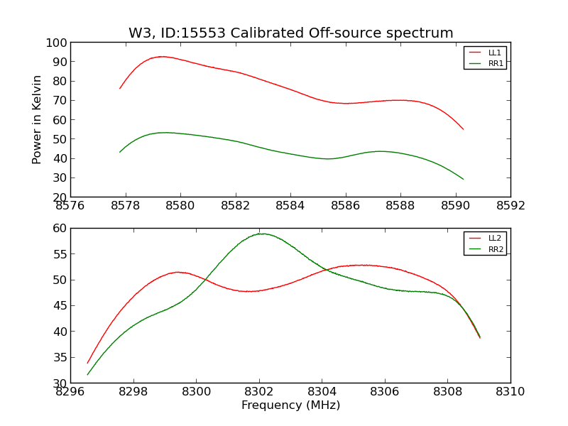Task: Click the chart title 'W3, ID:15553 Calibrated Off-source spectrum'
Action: [290, 33]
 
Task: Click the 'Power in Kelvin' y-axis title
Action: [38, 119]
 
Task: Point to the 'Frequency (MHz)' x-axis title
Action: [290, 405]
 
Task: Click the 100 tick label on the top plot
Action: [57, 43]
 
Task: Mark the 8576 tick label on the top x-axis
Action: [70, 205]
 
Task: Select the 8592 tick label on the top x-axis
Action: [510, 205]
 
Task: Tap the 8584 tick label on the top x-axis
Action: [290, 205]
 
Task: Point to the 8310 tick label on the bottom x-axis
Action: [510, 391]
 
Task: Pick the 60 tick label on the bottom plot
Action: [60, 229]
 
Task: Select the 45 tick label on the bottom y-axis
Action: [60, 306]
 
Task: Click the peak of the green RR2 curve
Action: [261, 234]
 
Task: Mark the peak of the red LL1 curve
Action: [163, 57]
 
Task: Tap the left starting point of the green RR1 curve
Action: [119, 152]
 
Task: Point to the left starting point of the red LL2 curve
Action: [87, 364]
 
